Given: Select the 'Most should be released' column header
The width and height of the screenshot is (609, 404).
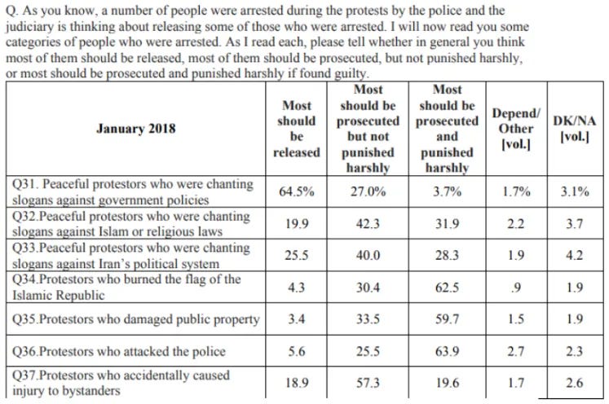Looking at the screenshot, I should (297, 129).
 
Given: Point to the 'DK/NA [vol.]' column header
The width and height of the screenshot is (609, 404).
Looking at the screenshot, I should (574, 129).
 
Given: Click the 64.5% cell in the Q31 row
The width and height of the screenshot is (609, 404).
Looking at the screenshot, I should (296, 192).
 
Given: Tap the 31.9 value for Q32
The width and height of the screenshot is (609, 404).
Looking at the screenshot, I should (447, 223).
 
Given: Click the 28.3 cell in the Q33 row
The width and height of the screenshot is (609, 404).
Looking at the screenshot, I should (447, 255).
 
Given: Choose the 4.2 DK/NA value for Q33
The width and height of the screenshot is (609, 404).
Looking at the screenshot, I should (574, 255).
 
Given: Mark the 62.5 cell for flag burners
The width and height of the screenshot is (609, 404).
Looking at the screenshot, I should (447, 287).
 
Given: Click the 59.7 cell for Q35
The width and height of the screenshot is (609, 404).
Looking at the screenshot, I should (447, 318).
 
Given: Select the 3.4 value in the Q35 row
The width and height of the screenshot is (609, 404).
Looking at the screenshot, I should (296, 318).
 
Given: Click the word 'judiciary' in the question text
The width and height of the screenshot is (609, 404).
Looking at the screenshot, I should (31, 25).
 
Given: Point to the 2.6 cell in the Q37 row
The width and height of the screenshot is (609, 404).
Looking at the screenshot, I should (574, 382).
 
